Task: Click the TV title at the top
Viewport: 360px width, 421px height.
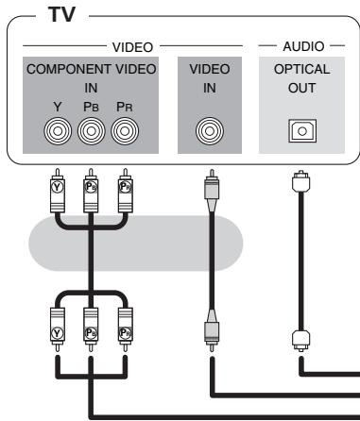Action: pos(61,14)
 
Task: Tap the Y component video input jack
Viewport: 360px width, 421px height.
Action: pos(58,131)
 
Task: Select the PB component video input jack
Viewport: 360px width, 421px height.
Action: pos(92,131)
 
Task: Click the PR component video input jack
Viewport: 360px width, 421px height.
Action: pos(125,131)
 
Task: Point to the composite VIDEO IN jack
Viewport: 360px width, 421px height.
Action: pos(210,131)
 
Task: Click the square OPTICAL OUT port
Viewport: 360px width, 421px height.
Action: pos(302,131)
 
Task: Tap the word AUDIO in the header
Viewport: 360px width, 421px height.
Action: pos(303,46)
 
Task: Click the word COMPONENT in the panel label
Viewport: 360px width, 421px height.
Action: pos(69,69)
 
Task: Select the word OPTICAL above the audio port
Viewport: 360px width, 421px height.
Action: pos(301,69)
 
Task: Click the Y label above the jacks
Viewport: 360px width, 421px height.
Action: pos(58,107)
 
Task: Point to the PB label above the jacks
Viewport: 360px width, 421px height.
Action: pos(91,107)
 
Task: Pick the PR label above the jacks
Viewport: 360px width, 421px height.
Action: pos(125,107)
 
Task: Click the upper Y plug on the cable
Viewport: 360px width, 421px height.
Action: pos(58,191)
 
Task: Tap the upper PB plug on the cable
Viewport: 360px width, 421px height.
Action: pos(91,191)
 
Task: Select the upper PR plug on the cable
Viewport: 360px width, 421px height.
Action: pos(126,191)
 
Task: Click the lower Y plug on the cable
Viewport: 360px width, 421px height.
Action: pos(58,329)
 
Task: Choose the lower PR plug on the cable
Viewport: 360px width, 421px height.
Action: pos(126,329)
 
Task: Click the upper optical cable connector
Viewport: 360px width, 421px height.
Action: pos(301,181)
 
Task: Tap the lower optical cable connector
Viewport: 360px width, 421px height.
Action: pos(301,341)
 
